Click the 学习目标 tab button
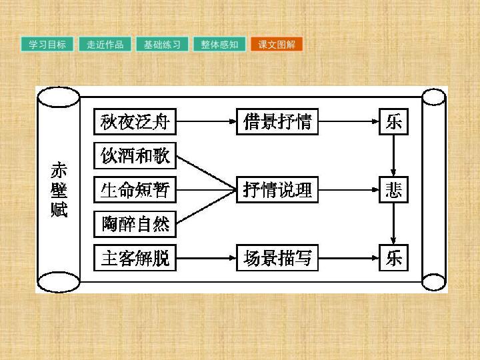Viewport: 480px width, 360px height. click(x=47, y=45)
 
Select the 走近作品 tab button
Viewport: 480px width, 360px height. click(x=105, y=45)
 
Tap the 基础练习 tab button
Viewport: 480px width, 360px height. click(x=162, y=45)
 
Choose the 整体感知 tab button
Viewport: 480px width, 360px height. click(x=219, y=45)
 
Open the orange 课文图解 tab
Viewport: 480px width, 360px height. click(x=277, y=45)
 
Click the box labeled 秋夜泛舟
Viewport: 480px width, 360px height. click(x=135, y=121)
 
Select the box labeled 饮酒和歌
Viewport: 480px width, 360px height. click(x=135, y=155)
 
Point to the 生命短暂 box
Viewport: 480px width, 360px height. click(x=135, y=190)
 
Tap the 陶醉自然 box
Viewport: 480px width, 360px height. click(x=135, y=224)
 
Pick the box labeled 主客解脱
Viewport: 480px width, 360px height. click(x=135, y=258)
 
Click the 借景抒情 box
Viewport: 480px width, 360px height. click(x=277, y=121)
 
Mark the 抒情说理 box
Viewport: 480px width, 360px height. click(x=277, y=190)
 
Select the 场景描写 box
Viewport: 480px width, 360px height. click(x=277, y=258)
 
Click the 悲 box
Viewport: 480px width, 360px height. click(x=394, y=190)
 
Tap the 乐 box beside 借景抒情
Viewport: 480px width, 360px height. click(x=394, y=121)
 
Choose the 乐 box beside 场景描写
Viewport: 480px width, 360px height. click(x=394, y=258)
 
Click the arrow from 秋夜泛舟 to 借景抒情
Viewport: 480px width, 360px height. click(x=206, y=121)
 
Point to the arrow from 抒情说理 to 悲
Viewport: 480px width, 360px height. click(x=349, y=190)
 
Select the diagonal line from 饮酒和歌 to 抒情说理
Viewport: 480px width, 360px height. click(x=206, y=173)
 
